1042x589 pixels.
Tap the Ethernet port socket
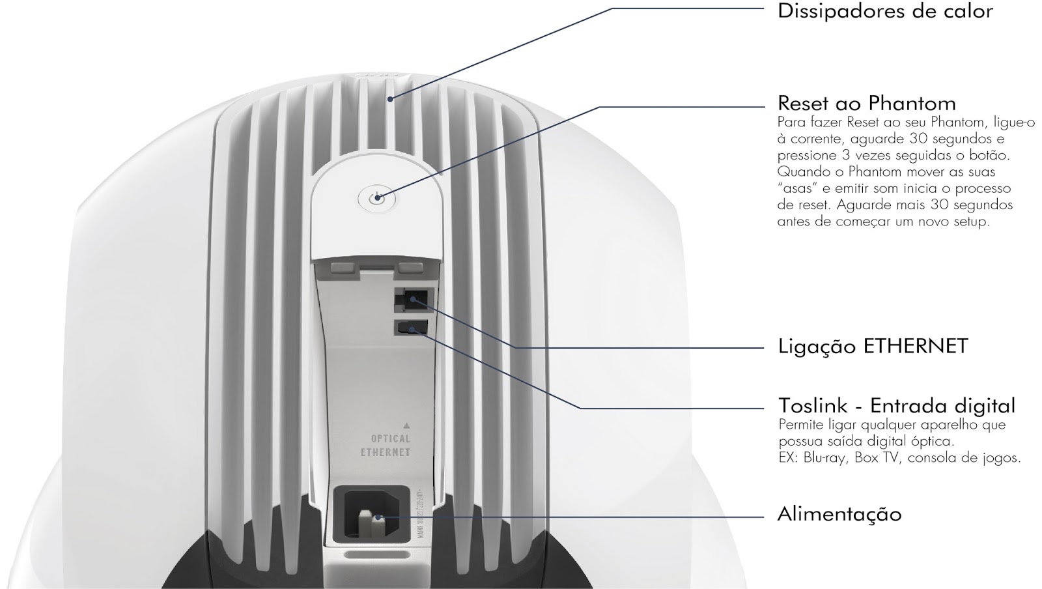coord(411,301)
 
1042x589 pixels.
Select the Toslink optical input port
coord(411,327)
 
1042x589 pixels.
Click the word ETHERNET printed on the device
coord(386,452)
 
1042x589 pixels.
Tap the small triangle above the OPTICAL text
coord(406,424)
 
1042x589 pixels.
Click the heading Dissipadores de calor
coord(885,11)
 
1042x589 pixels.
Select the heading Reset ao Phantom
coord(866,103)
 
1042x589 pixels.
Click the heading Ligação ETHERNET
coord(873,346)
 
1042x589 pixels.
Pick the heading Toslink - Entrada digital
coord(896,406)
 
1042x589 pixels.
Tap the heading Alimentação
coord(839,514)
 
